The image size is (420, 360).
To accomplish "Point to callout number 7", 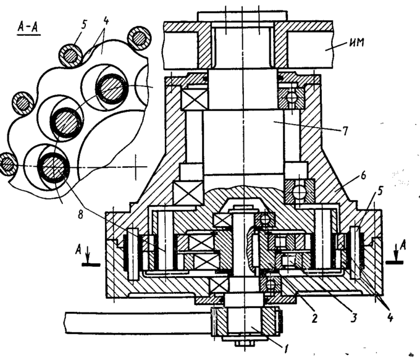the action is tap(345, 131).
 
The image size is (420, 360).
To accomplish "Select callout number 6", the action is tap(363, 175).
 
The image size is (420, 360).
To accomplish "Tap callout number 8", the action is tap(80, 214).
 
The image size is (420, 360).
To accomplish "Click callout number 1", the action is tap(285, 349).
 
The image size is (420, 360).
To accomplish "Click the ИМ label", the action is tap(357, 43).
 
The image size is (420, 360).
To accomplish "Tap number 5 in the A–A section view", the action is tap(84, 25).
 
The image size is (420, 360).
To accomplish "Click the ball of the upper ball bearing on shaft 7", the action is tap(292, 98).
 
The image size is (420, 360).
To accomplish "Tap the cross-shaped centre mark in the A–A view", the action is tap(135, 167).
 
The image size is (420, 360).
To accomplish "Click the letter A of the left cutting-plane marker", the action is tap(78, 250).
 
